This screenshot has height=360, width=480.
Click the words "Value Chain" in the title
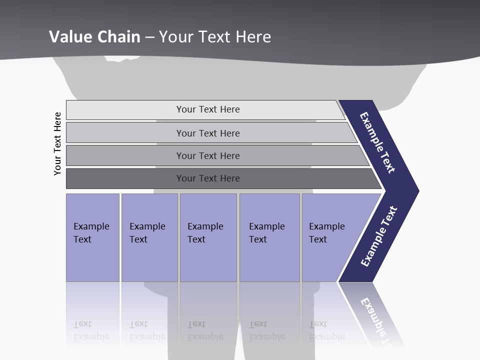94,37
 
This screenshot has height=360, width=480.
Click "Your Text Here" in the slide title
215,37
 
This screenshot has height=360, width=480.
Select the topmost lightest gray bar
125,110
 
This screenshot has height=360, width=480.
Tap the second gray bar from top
125,133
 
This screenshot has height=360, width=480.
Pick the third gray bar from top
125,155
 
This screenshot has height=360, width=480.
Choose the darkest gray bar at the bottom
125,178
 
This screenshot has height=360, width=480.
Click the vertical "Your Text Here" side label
57,143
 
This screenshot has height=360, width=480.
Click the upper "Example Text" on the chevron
377,142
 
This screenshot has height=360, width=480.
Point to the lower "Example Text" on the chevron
379,236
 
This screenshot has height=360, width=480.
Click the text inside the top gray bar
208,109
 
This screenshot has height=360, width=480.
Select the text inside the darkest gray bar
208,178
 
